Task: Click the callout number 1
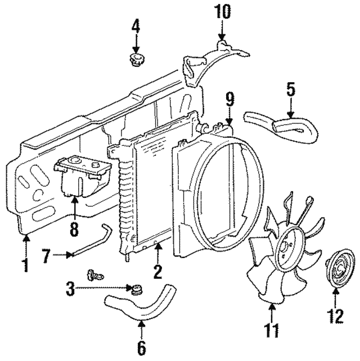click(x=24, y=263)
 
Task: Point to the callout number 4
click(x=135, y=25)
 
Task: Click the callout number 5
click(x=290, y=89)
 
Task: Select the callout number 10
click(x=222, y=11)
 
